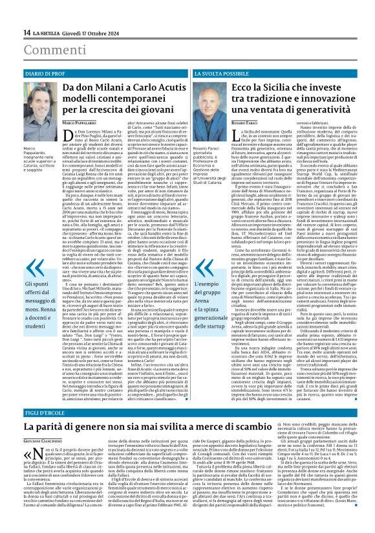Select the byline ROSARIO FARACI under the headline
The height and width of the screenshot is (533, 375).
point(246,122)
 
